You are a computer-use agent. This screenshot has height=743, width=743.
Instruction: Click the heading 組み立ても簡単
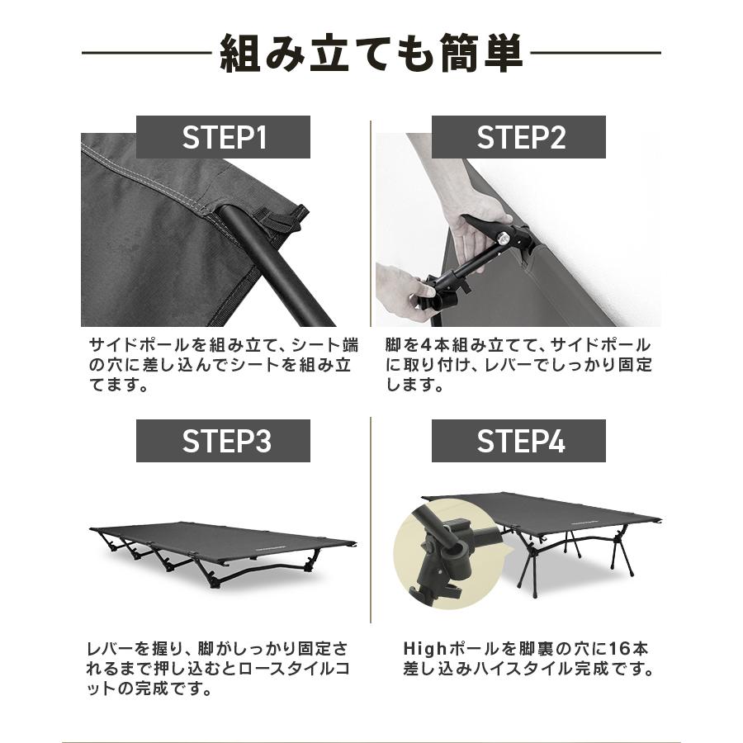371,54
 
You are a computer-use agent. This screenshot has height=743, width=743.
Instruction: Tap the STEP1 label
224,137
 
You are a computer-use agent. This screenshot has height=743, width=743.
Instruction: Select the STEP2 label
519,137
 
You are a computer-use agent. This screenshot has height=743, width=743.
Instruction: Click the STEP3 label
224,441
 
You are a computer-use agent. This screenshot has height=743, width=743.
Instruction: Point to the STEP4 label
519,441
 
